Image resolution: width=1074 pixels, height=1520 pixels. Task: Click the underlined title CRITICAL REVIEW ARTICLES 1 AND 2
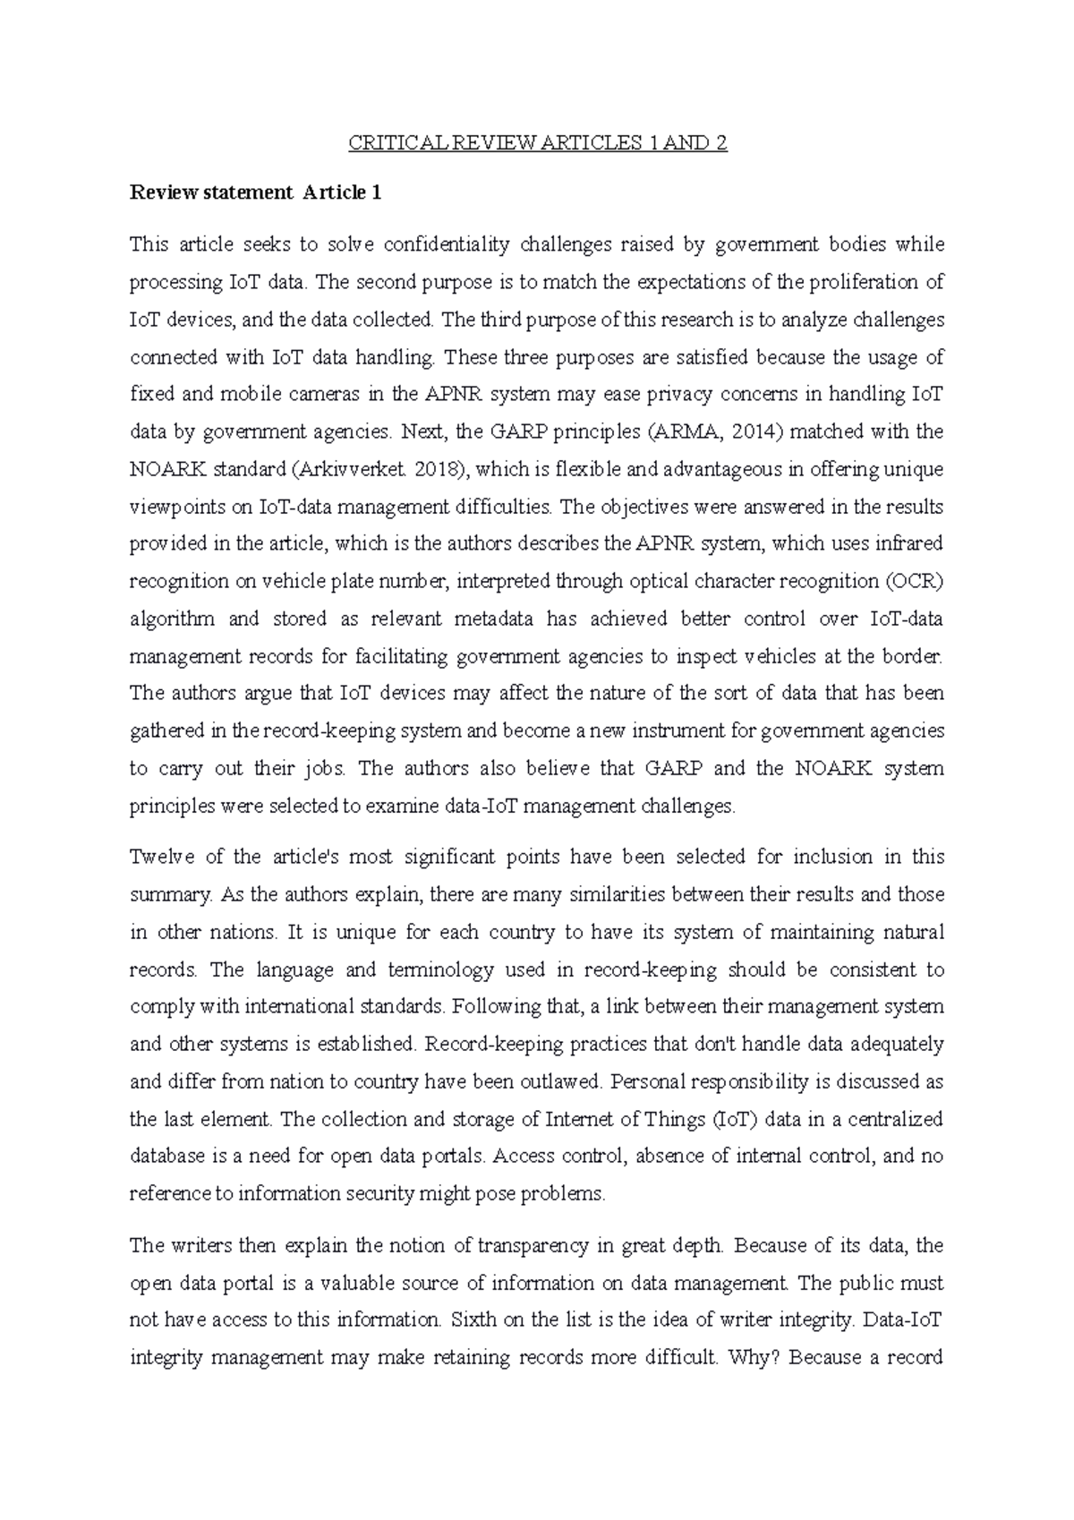point(537,143)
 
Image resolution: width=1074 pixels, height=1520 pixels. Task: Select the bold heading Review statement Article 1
point(255,192)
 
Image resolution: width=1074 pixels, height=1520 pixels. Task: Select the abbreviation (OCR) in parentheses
point(914,581)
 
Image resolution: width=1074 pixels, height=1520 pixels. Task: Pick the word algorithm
point(172,619)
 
